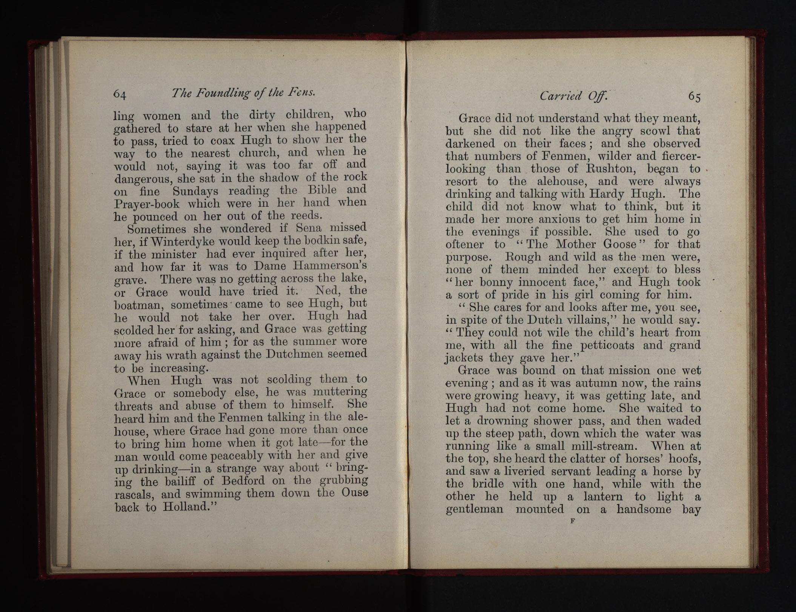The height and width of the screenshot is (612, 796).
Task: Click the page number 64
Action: tap(120, 94)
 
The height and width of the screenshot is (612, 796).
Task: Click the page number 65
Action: tap(694, 97)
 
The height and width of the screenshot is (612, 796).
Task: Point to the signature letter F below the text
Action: tap(572, 521)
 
